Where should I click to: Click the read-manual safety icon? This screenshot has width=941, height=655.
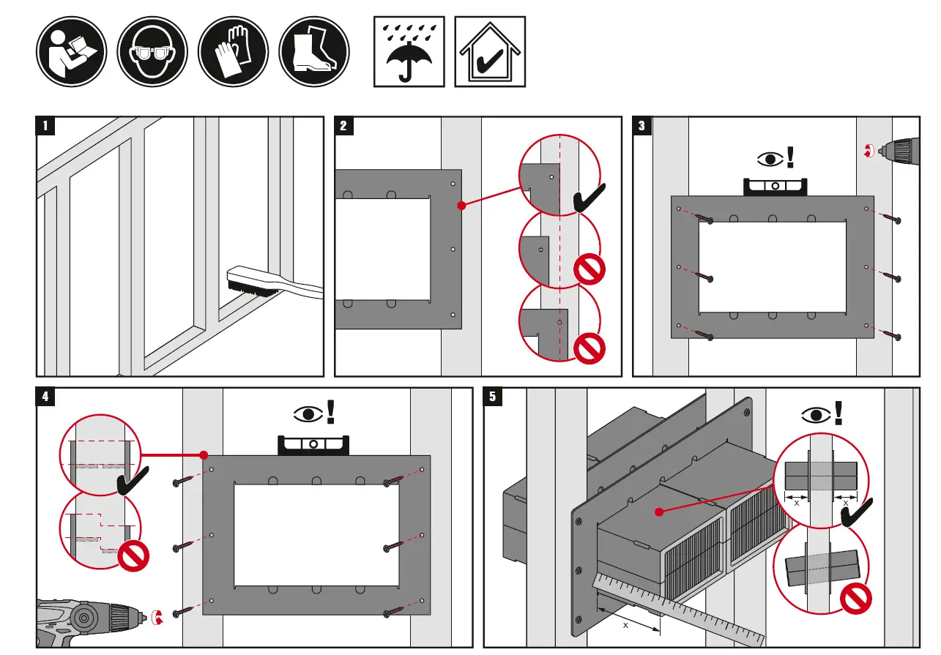click(72, 52)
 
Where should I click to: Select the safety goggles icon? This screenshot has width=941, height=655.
click(152, 52)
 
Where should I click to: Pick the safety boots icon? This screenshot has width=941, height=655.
click(314, 52)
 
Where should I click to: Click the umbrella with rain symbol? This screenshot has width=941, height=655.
click(409, 52)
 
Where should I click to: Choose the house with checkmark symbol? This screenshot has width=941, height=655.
click(490, 52)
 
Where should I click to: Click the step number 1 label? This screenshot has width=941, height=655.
click(45, 126)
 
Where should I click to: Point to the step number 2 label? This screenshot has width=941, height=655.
click(343, 126)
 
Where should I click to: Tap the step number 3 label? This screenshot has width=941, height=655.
click(641, 126)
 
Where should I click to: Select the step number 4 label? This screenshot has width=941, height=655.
click(45, 397)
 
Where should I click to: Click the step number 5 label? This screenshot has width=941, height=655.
click(492, 397)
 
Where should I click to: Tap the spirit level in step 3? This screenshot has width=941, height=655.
click(775, 186)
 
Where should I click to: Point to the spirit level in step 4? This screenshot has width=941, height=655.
click(314, 444)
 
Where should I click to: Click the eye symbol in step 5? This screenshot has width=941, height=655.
click(815, 416)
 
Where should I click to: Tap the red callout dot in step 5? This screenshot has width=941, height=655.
click(658, 512)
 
